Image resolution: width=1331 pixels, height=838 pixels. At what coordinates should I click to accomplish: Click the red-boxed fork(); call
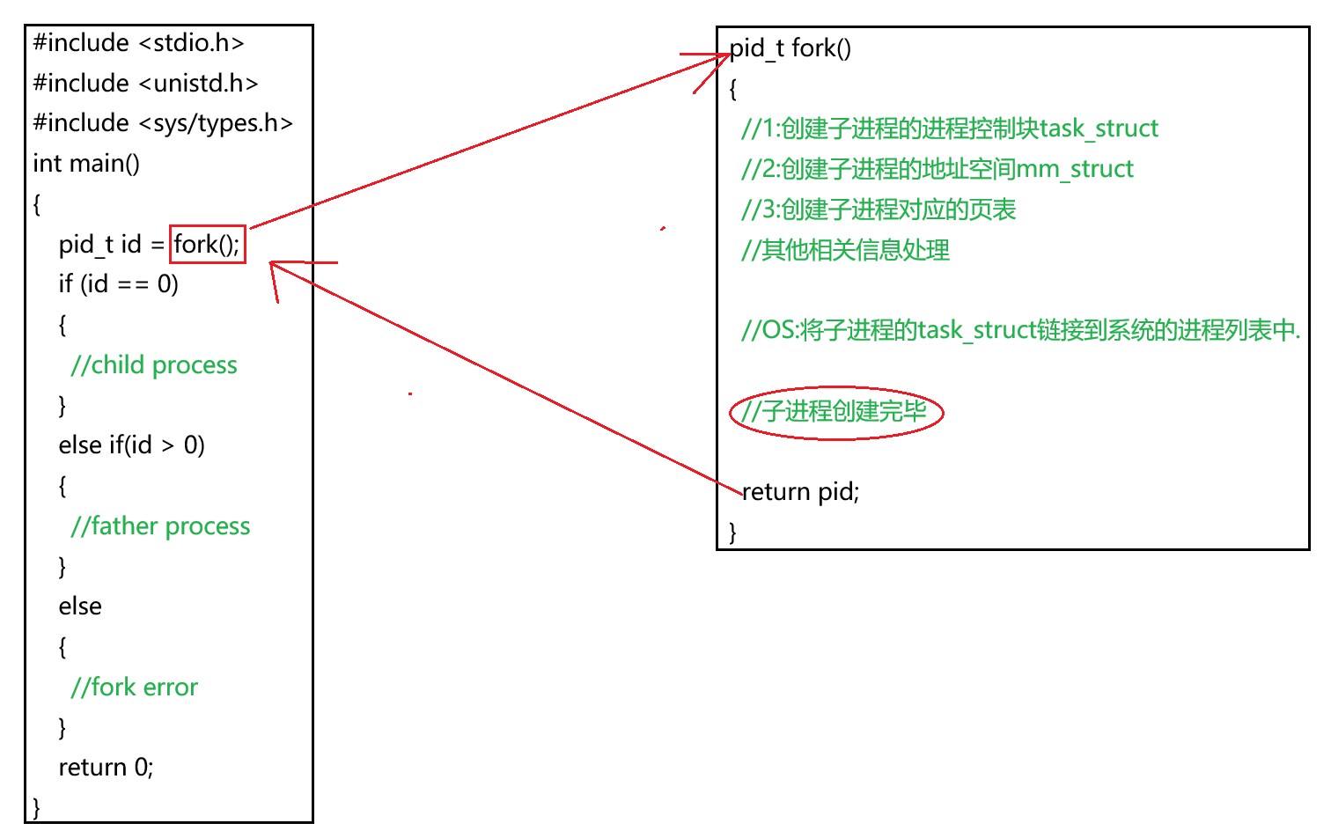[207, 244]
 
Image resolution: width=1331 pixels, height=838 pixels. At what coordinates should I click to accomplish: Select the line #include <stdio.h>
[138, 42]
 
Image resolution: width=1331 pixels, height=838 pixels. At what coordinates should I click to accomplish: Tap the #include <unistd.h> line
[145, 83]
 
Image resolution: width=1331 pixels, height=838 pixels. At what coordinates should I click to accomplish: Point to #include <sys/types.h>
[163, 123]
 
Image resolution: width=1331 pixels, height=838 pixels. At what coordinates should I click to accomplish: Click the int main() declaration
[86, 164]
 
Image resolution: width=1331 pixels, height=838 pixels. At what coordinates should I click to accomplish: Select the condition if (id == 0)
[119, 284]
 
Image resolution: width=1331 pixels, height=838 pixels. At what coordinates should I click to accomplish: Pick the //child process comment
[154, 365]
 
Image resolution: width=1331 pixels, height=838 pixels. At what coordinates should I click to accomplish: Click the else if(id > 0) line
[132, 445]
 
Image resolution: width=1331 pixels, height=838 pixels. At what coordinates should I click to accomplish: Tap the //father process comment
[160, 526]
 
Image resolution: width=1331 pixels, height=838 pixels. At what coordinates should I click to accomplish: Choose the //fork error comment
[135, 687]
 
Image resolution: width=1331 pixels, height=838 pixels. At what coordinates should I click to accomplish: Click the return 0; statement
[106, 768]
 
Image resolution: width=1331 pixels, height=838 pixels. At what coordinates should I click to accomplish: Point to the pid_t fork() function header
[791, 48]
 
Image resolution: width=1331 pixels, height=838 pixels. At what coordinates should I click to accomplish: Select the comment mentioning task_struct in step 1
[949, 129]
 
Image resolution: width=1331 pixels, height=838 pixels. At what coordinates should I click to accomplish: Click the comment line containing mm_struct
[937, 169]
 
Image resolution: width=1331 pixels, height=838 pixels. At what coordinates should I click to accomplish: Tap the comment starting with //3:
[879, 209]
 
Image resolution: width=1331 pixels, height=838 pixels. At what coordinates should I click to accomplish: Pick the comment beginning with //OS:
[1020, 330]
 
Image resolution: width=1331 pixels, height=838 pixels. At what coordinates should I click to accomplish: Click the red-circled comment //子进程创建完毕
[835, 411]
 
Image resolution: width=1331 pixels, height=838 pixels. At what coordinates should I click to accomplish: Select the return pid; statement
[800, 491]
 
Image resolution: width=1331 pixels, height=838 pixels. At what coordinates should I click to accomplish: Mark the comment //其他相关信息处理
[845, 250]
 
